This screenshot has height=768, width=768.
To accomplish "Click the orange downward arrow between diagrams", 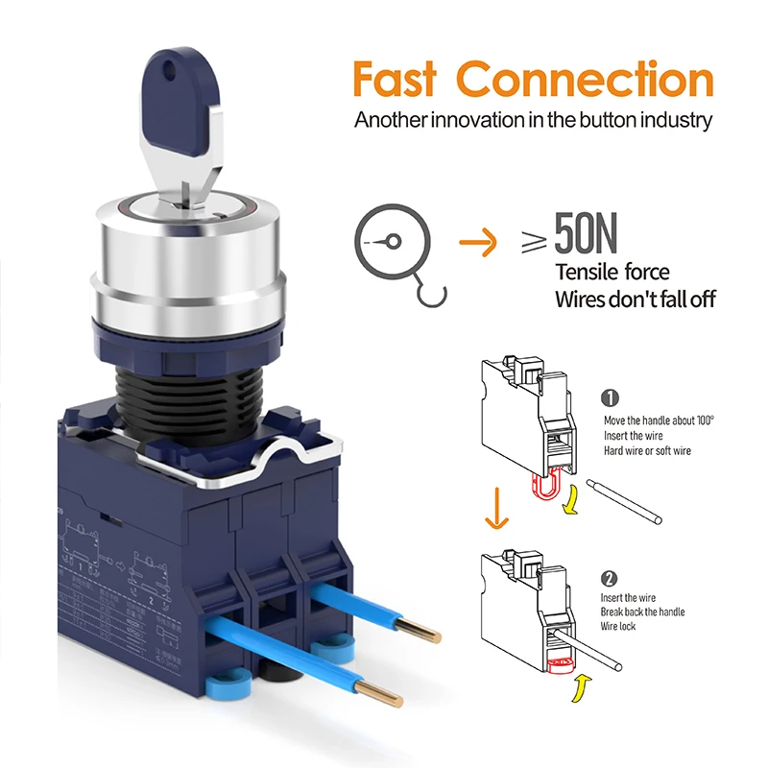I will [495, 506].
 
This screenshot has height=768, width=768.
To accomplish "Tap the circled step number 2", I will [610, 578].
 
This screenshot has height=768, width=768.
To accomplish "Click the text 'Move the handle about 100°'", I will [659, 420].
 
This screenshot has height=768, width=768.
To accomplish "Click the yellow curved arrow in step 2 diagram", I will [580, 689].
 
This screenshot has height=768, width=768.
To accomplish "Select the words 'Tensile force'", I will [612, 273].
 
